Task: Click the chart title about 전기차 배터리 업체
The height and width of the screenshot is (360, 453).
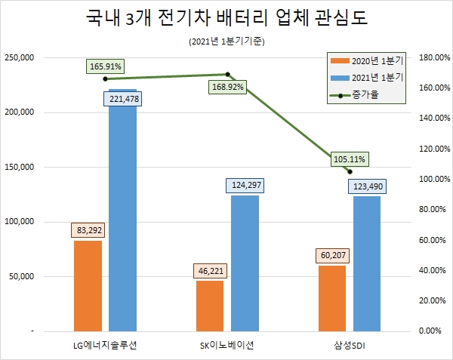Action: point(226,19)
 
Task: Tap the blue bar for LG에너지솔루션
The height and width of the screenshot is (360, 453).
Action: point(122,219)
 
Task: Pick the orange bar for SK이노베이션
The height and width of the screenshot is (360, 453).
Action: point(209,306)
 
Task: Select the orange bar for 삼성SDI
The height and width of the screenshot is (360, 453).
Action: point(331,298)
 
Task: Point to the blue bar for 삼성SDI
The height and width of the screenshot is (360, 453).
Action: point(367,263)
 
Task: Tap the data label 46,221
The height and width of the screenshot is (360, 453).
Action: point(209,270)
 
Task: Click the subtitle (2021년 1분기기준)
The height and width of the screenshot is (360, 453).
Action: point(226,42)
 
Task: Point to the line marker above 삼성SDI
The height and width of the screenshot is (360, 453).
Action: point(350,171)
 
